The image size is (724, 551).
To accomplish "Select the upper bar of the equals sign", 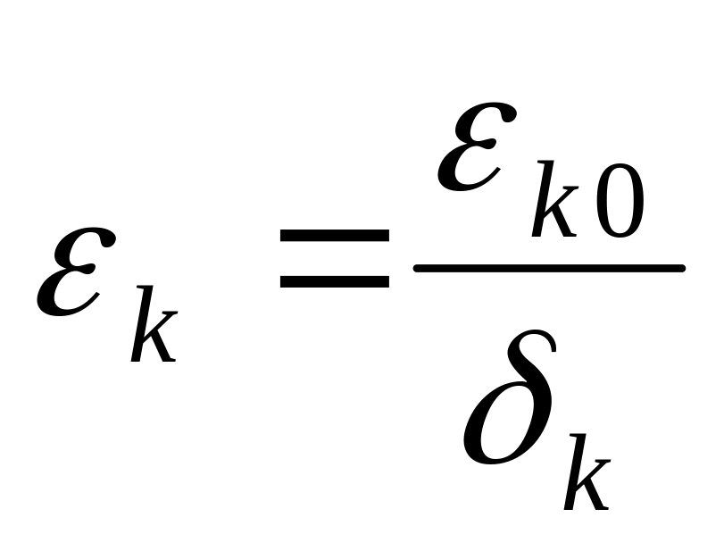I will click(x=334, y=236).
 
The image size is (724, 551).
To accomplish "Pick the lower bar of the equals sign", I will click(x=334, y=280).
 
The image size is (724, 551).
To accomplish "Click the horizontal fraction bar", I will click(x=548, y=267).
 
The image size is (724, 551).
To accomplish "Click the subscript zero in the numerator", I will click(x=620, y=205).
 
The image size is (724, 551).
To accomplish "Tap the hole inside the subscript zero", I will click(x=620, y=205).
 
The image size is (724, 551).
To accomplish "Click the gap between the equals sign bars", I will click(x=334, y=258).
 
